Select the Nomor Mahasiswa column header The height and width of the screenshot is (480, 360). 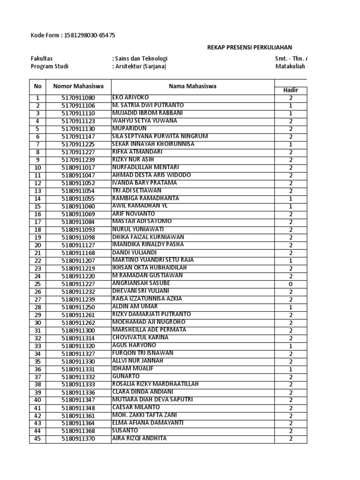(x=78, y=86)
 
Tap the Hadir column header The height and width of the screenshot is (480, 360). (x=290, y=90)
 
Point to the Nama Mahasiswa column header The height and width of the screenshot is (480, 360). (x=193, y=86)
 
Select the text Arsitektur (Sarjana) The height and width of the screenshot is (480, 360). (x=140, y=67)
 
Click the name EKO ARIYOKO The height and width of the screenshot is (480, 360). (x=129, y=97)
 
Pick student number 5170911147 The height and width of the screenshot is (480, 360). (x=78, y=136)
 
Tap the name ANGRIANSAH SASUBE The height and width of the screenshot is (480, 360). (x=141, y=284)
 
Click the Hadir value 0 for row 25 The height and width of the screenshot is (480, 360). (x=291, y=284)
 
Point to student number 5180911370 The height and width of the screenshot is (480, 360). (x=78, y=439)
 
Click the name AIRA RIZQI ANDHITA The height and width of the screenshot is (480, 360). (x=139, y=438)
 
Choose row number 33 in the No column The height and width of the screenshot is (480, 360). (x=37, y=346)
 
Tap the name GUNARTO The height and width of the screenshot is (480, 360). (x=126, y=376)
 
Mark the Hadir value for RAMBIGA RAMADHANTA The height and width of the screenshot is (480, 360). (x=291, y=199)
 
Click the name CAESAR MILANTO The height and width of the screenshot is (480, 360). (x=136, y=407)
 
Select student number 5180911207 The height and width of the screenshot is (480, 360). (x=78, y=261)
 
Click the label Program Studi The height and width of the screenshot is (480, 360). (x=49, y=67)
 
